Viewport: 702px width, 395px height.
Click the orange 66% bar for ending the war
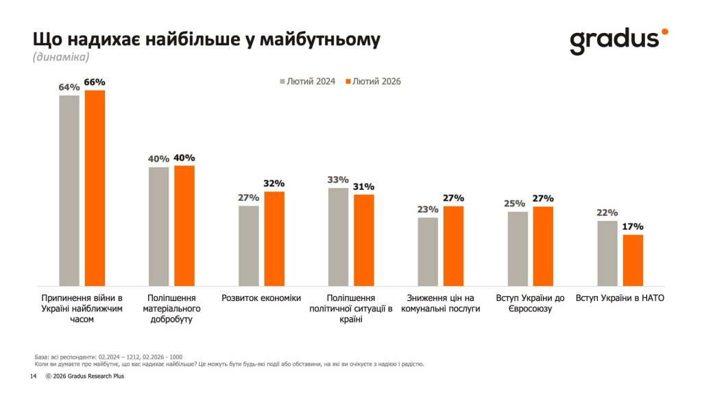(x=95, y=188)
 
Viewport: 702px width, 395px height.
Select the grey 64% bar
(x=69, y=191)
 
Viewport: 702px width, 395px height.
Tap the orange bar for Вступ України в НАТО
(x=633, y=260)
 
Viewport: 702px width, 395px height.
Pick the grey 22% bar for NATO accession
(x=607, y=253)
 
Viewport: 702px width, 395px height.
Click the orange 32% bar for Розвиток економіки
(x=274, y=238)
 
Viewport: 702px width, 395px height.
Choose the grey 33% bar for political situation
(x=338, y=237)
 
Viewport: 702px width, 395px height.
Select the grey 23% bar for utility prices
(x=427, y=251)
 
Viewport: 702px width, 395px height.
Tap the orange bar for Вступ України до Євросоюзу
(x=543, y=246)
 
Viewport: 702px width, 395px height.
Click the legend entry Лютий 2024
(x=306, y=82)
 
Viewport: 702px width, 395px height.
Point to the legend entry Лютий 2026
(x=373, y=82)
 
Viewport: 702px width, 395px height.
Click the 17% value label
(x=633, y=227)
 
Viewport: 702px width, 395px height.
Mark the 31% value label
(x=364, y=187)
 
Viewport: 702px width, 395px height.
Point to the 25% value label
(x=518, y=204)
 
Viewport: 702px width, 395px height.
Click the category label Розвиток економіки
(x=261, y=298)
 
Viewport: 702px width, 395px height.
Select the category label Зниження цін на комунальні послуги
(x=440, y=303)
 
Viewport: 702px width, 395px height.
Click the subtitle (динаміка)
(x=60, y=58)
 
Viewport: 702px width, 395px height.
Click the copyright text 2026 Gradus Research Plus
(x=89, y=376)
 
